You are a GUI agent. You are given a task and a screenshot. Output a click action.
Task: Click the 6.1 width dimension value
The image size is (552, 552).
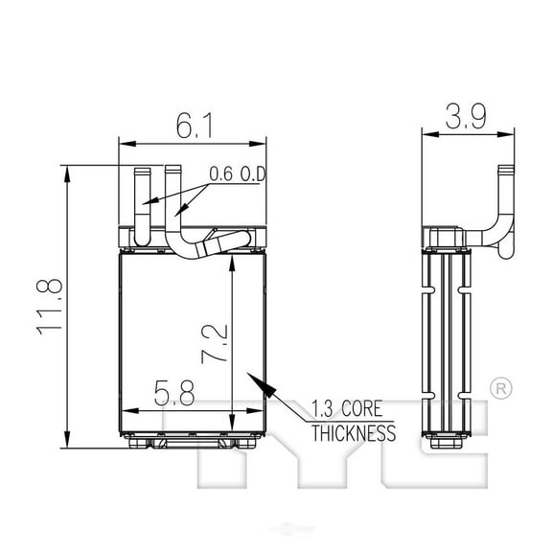coord(195,126)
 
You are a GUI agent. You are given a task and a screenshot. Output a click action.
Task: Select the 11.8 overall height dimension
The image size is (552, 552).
coord(50,307)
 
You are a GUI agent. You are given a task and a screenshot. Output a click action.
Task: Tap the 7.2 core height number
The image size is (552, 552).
coord(214,344)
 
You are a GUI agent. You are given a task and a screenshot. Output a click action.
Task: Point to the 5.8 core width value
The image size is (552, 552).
coord(174,393)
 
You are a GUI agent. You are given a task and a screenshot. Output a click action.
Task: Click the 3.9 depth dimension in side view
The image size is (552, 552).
coord(466,116)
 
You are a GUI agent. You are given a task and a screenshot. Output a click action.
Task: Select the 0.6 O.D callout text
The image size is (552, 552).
coord(237,173)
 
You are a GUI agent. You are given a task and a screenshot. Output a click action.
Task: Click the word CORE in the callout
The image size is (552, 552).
coord(361,408)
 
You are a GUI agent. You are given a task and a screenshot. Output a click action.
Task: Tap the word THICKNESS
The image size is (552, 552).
coord(354,433)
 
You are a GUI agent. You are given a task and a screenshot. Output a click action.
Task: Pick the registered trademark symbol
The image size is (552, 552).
coord(501,389)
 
